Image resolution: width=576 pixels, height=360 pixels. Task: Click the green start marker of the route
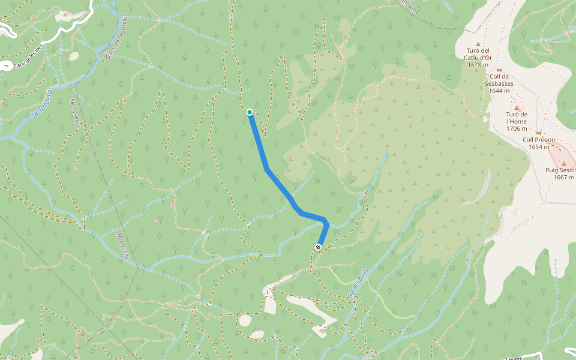coord(249,112)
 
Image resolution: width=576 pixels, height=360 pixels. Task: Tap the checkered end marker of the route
coord(318,247)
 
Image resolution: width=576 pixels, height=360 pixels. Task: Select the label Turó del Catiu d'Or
coord(478,54)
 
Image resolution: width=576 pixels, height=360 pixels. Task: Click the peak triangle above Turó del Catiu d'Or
coord(478,44)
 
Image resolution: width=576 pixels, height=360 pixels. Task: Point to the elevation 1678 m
coord(478,65)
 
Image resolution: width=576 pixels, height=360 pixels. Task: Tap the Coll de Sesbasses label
coord(499,80)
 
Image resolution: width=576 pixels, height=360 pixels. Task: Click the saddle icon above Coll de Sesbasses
coord(499,70)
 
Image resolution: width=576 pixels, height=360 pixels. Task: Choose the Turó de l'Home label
coord(516,118)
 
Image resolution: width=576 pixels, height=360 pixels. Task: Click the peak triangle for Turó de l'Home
coord(516,107)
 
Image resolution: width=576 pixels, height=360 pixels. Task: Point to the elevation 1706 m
coord(516,128)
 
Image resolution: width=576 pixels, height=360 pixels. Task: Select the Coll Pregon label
coord(538,140)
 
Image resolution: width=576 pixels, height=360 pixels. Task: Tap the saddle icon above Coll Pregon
coord(538,133)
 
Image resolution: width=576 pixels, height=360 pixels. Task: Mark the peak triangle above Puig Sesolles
coord(563,163)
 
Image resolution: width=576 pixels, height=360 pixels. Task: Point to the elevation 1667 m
coord(564,177)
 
